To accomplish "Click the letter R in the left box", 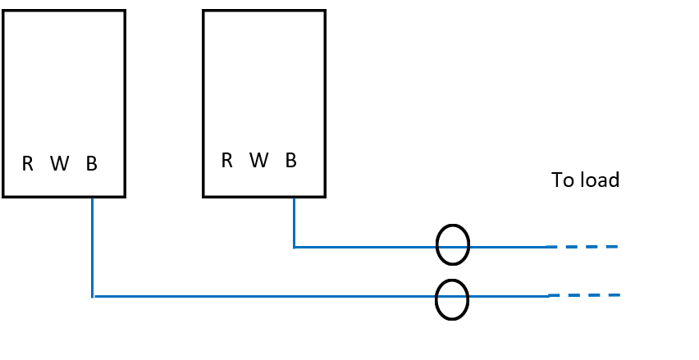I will tap(27, 164).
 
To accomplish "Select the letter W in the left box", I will tap(59, 164).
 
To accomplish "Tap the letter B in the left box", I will tap(91, 164).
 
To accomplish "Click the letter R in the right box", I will tap(227, 161).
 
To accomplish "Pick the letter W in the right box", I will tap(259, 161).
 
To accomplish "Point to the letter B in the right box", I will tap(291, 161).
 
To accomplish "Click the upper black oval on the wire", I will tap(452, 244).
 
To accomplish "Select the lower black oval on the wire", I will tap(452, 300).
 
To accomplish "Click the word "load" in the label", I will tap(598, 180).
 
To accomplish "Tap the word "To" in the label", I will tap(563, 180).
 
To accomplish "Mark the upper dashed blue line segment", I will tap(582, 246).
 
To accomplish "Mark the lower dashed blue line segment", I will tap(582, 295).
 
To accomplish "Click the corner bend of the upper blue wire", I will tap(295, 246).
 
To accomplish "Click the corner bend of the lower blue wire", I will tap(93, 296).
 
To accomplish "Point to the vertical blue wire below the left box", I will tap(92, 246).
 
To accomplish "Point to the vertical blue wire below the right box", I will tap(294, 221).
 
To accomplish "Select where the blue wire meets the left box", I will tap(92, 197).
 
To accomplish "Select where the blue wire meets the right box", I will tap(294, 197).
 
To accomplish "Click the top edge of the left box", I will tap(64, 11).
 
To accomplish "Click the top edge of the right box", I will tap(264, 11).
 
